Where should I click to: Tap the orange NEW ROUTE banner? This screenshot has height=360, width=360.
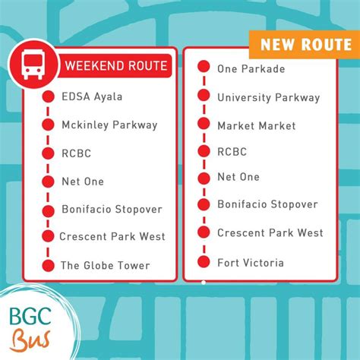pos(305,44)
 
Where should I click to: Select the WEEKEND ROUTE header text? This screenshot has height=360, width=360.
pos(115,65)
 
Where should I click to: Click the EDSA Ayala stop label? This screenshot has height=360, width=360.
pos(92,96)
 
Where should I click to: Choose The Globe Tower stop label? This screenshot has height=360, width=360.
pos(106,266)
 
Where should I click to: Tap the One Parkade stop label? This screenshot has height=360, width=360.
pos(251,69)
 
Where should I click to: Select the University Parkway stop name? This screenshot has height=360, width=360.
pos(268,97)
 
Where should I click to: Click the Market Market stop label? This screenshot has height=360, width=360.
pos(255,125)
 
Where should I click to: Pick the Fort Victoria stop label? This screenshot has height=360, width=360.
pos(250,263)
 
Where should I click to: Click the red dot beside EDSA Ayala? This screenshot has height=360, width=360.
pos(48,96)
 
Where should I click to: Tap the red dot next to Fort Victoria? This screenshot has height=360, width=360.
pos(204,262)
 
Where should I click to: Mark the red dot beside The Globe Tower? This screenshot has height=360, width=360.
pos(48,266)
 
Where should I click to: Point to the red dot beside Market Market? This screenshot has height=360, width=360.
pos(204,124)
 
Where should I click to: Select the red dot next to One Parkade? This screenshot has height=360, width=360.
pos(204,68)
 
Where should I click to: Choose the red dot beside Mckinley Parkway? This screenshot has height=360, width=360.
pos(48,125)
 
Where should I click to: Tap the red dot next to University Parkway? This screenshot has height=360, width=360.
pos(204,96)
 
